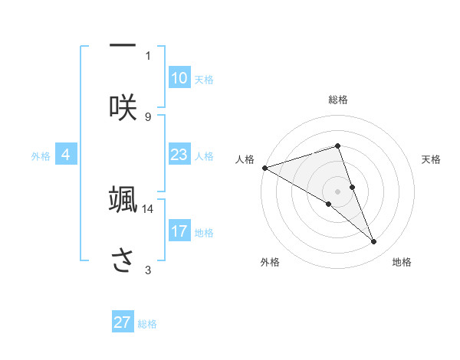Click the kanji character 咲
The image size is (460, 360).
(x=123, y=106)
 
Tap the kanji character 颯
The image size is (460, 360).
(x=123, y=199)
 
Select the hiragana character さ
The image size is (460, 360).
(x=123, y=260)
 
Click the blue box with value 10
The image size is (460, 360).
(x=179, y=78)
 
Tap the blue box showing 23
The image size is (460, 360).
(x=179, y=155)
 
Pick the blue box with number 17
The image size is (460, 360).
(x=179, y=231)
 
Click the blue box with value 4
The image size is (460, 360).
(x=66, y=155)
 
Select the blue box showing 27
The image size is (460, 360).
(x=123, y=322)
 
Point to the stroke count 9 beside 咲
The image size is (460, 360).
(x=148, y=116)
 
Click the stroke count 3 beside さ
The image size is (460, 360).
(x=148, y=270)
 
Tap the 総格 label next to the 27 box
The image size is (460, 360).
(x=147, y=324)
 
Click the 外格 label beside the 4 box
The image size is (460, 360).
(x=41, y=155)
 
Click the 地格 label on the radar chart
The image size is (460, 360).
(x=402, y=263)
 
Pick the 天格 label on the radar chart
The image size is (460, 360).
(x=432, y=159)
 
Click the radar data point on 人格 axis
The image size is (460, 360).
(x=264, y=168)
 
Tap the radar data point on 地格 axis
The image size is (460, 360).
(x=374, y=242)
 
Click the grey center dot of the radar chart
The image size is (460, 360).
(x=338, y=191)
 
